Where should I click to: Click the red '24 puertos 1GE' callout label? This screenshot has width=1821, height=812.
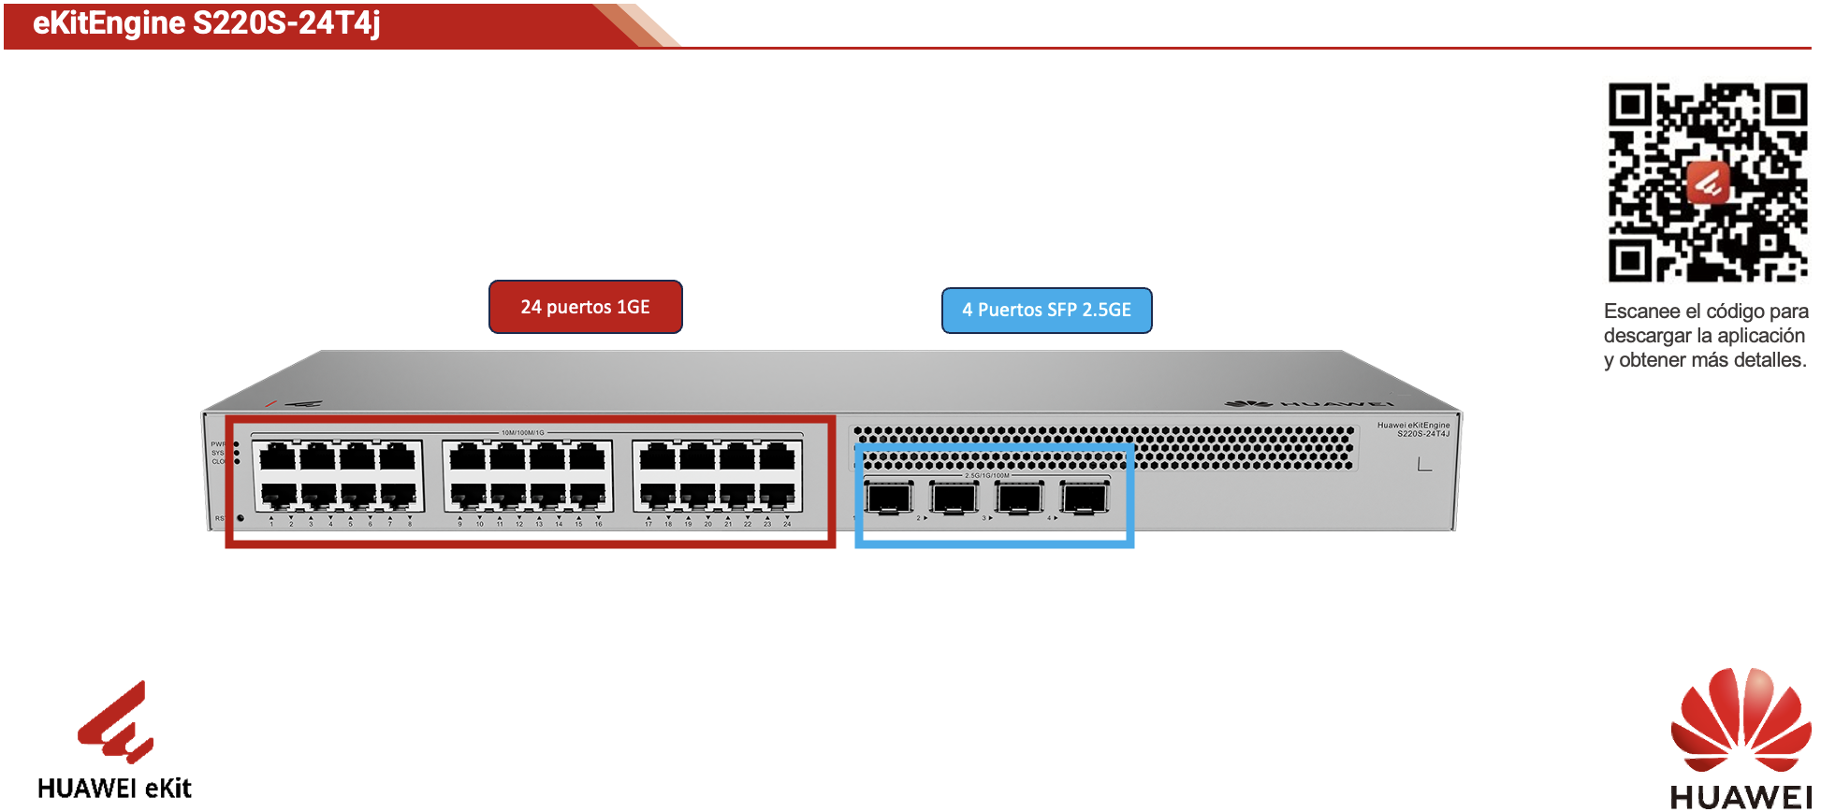(x=585, y=307)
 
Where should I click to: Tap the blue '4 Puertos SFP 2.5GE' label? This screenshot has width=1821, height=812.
(x=1046, y=311)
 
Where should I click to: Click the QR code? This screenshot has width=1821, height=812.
(x=1707, y=182)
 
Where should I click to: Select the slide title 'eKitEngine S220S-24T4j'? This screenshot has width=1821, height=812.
(x=206, y=23)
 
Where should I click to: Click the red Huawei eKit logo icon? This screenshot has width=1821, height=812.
(x=116, y=722)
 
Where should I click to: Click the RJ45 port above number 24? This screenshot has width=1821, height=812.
(x=778, y=494)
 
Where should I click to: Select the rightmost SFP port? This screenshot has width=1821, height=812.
(x=1084, y=497)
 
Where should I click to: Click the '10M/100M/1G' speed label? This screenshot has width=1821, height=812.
(x=522, y=432)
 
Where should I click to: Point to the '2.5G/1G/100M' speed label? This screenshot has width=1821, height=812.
(x=987, y=475)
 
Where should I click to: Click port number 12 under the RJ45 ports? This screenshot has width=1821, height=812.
(x=519, y=524)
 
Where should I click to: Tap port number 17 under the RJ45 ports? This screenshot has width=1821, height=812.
(x=648, y=524)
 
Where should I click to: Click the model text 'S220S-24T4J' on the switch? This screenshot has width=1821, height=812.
(x=1422, y=434)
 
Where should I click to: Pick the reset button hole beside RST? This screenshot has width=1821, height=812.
(x=240, y=518)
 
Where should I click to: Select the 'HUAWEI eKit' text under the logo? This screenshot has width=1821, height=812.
(x=114, y=789)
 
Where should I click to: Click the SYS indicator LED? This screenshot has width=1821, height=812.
(x=237, y=453)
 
